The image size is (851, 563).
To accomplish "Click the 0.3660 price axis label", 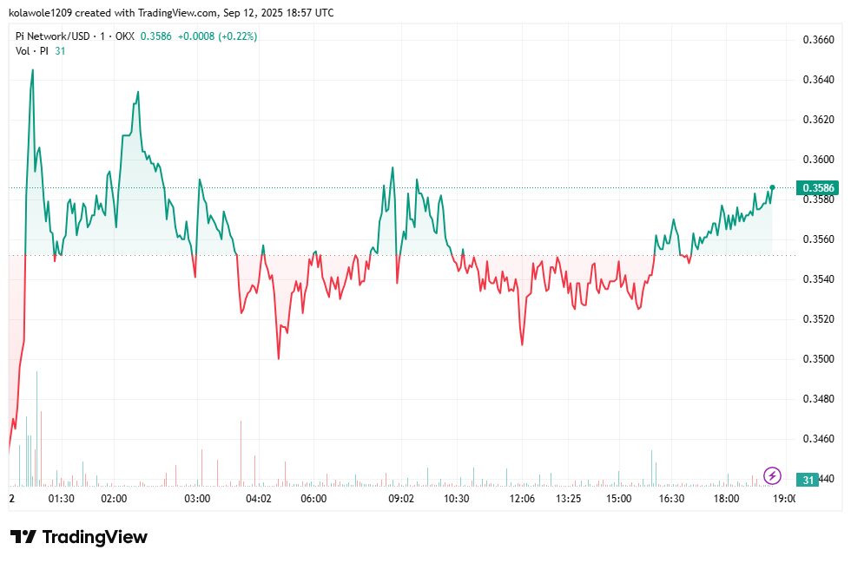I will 818,40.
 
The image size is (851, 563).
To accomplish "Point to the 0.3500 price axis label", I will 818,359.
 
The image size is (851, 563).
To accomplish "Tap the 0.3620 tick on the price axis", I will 818,120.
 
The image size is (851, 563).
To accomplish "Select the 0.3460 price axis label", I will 818,439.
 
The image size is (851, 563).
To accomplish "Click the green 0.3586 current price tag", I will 818,187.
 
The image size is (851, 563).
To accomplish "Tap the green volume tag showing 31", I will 808,480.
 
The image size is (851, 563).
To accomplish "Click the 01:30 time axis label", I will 61,499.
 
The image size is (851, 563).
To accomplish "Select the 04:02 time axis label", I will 259,499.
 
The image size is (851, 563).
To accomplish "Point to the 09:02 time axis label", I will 401,499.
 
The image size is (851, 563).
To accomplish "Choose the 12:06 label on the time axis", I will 522,499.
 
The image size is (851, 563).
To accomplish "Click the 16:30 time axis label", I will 671,499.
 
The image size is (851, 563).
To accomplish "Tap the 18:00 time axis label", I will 726,499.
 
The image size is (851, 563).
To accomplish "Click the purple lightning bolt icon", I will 772,475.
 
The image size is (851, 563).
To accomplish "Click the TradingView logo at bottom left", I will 78,537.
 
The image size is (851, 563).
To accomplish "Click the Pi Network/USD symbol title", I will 53,36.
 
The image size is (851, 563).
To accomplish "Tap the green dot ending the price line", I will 772,187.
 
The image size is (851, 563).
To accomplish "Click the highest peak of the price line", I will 32,70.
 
